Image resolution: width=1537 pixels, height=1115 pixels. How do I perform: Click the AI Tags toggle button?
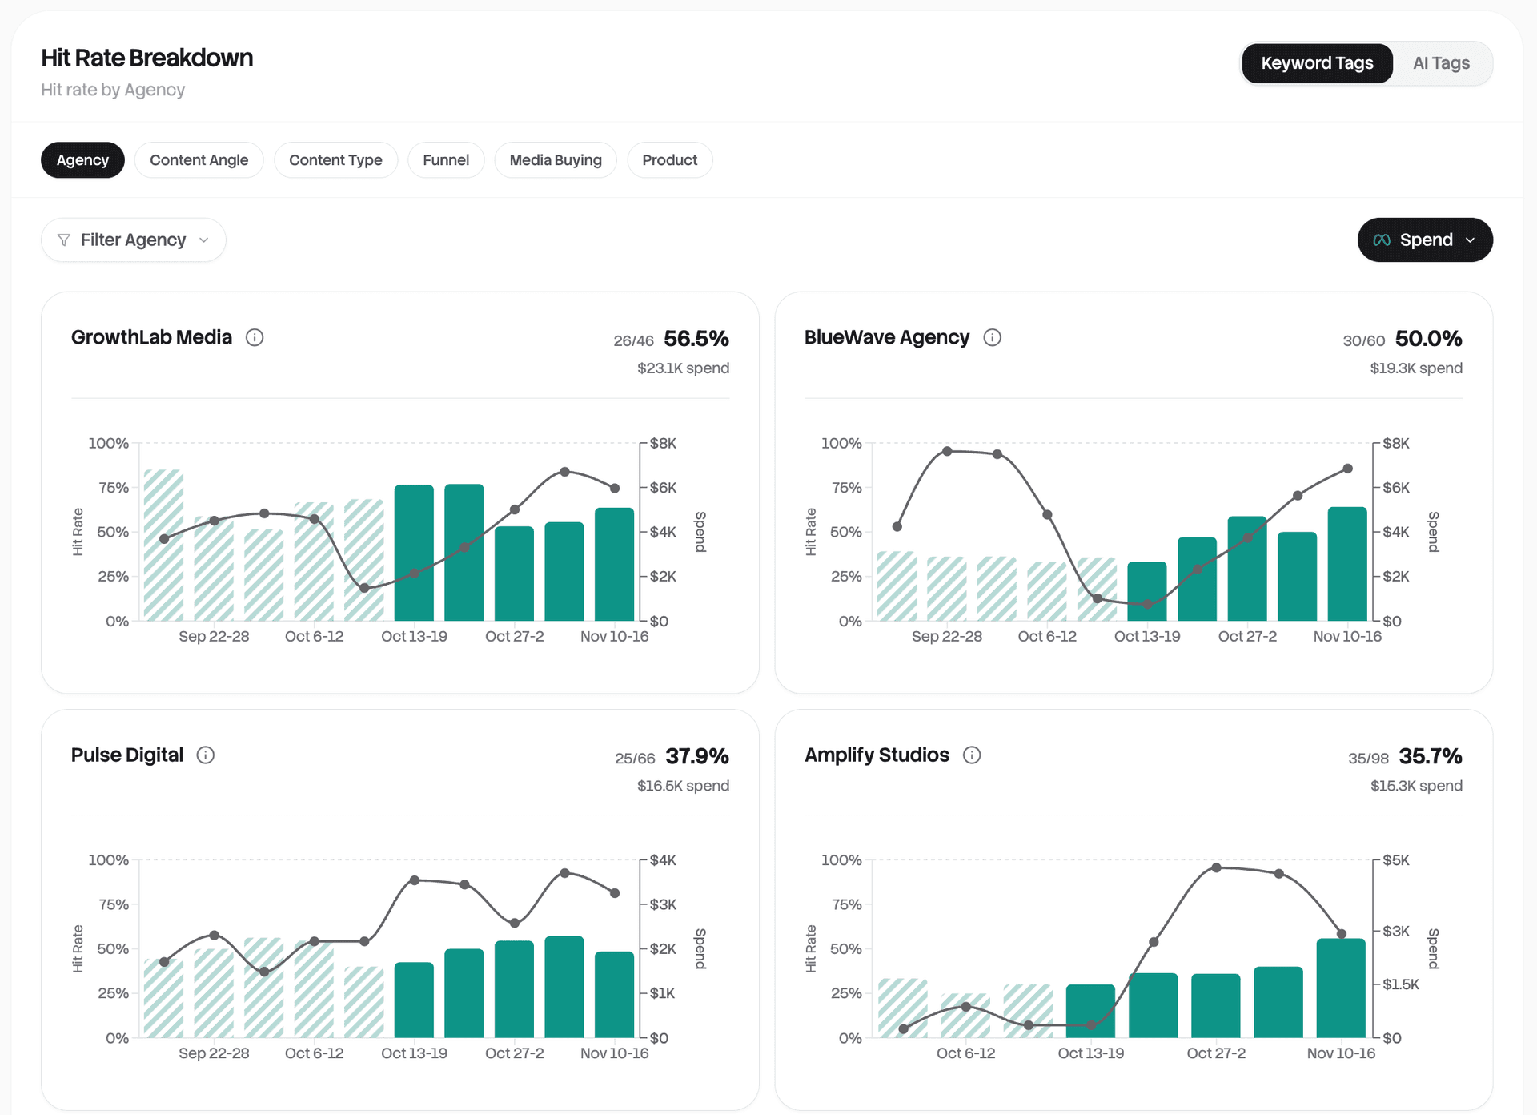coord(1441,63)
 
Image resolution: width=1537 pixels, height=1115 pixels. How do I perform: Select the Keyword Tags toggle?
coord(1317,63)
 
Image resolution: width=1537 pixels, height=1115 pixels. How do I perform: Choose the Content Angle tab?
coord(199,160)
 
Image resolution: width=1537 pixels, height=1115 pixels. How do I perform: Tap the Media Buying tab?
coord(555,160)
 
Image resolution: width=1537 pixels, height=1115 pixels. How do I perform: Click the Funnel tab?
coord(446,160)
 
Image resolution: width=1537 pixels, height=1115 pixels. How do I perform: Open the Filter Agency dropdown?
coord(133,240)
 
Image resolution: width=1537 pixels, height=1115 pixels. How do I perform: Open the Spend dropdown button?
coord(1424,240)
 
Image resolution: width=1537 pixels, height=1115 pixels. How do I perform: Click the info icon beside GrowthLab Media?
coord(255,337)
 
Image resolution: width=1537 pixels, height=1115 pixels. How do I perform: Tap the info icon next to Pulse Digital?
coord(206,755)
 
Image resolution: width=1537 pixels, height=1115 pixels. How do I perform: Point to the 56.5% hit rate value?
coord(696,339)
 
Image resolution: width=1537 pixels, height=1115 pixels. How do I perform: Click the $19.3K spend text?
coord(1415,368)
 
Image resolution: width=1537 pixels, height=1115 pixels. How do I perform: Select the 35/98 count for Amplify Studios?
coord(1367,759)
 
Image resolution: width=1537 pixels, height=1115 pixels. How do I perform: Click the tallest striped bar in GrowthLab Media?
coord(163,545)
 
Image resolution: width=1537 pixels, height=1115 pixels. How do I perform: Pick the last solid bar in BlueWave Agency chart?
coord(1346,564)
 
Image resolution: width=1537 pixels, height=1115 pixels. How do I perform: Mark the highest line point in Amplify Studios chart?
coord(1216,867)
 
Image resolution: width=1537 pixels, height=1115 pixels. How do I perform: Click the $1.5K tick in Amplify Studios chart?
coord(1400,984)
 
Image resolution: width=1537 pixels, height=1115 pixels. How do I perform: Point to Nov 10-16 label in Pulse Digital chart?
coord(614,1053)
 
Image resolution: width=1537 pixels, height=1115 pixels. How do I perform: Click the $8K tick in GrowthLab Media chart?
coord(663,444)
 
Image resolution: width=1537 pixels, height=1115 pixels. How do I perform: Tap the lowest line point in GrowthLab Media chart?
coord(364,588)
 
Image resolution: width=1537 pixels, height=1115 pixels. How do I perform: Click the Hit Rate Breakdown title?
coord(146,58)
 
